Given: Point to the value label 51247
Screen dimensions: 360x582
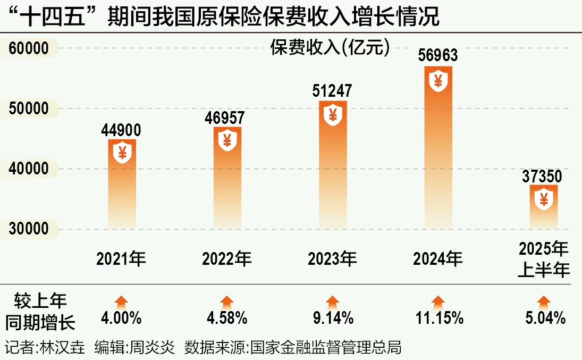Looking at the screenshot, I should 333,91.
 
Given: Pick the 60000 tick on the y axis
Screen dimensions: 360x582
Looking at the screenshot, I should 29,49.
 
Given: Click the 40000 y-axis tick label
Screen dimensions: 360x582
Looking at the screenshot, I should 29,169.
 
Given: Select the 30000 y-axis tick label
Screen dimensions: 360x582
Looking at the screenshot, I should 29,229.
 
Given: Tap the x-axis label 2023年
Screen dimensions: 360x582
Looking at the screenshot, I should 332,259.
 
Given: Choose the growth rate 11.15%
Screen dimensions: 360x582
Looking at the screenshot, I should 439,319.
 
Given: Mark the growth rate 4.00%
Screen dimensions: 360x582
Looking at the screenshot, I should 121,319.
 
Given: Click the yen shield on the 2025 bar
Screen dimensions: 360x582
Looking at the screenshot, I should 544,200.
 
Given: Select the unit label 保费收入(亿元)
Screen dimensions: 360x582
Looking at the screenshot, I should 330,48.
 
